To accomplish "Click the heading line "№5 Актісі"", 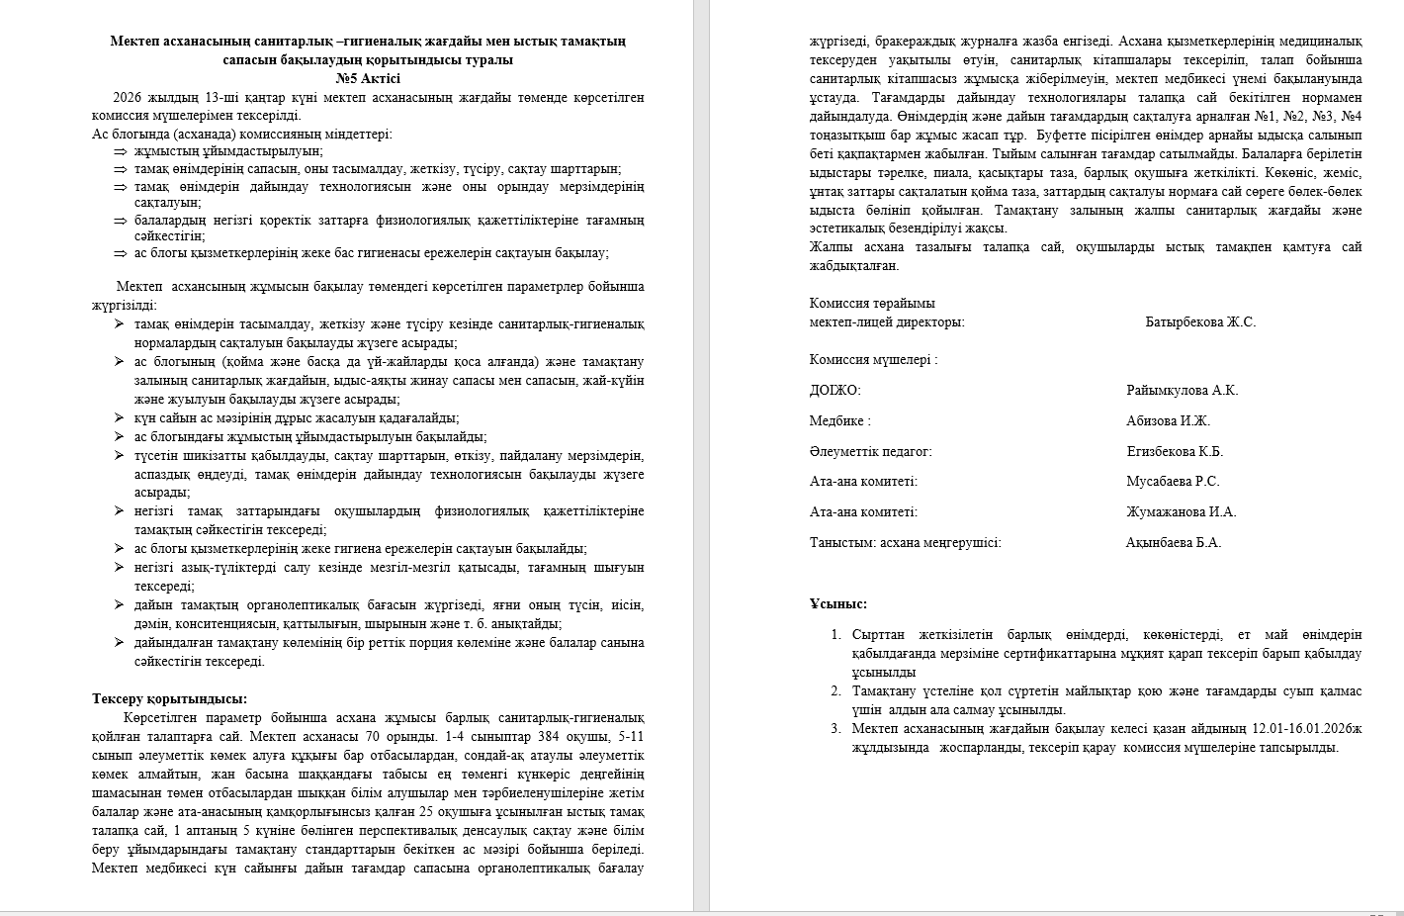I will click(x=368, y=78).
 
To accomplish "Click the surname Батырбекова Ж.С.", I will click(x=1199, y=321).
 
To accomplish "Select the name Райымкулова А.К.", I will click(x=1182, y=390).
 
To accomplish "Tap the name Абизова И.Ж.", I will click(x=1168, y=420).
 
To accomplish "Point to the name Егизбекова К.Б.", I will click(x=1175, y=451).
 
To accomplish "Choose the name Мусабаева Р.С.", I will click(x=1173, y=482).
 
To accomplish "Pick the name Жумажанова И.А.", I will click(x=1181, y=511).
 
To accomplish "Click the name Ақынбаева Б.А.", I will click(x=1174, y=542).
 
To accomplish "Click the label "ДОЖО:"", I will click(x=834, y=390).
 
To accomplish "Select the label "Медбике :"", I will click(x=839, y=420).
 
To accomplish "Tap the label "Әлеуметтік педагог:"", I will click(x=870, y=451).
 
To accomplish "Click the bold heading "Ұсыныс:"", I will click(x=838, y=603).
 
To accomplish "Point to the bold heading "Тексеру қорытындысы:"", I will click(x=169, y=698).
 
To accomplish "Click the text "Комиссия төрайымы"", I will click(x=872, y=303).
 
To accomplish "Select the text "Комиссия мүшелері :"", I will click(x=873, y=360).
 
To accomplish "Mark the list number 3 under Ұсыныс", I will click(x=835, y=729).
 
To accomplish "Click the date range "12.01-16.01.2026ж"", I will click(x=1306, y=729).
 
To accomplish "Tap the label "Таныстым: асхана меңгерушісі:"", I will click(x=905, y=542).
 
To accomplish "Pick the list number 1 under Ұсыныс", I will click(x=835, y=635).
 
